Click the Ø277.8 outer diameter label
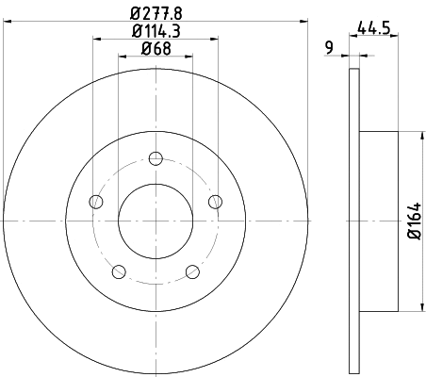[x=155, y=14]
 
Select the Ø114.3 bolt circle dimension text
[x=155, y=32]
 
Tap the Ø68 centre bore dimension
[x=155, y=49]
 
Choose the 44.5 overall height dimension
[x=375, y=28]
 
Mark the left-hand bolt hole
[x=94, y=201]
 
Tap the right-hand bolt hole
[x=215, y=201]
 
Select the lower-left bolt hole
[x=118, y=272]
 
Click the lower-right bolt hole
[x=192, y=272]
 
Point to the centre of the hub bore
[x=155, y=221]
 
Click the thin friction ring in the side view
[x=354, y=220]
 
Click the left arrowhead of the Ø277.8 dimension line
[x=7, y=21]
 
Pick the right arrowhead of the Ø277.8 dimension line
[x=304, y=21]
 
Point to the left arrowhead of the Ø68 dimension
[x=122, y=56]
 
